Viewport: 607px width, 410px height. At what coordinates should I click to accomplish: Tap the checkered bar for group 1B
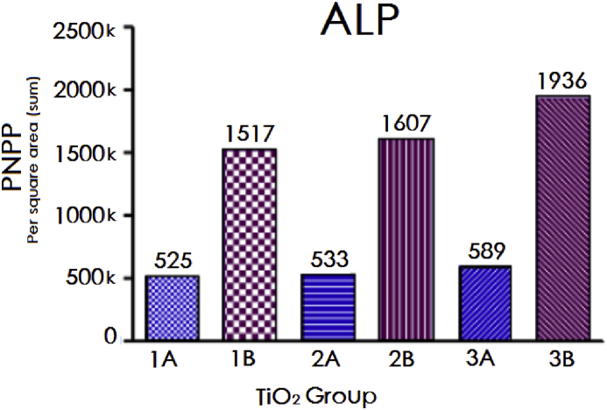coord(251,243)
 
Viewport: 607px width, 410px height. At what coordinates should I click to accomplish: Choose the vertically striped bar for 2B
coord(406,237)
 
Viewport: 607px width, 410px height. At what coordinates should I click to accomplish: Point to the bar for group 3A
coord(485,302)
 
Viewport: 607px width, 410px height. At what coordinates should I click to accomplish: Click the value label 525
coord(173,261)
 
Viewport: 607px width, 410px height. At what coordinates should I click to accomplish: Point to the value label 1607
coord(406,124)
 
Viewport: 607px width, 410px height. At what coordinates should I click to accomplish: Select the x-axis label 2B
coord(407,359)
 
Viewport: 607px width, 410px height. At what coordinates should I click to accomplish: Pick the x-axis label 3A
coord(485,359)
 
